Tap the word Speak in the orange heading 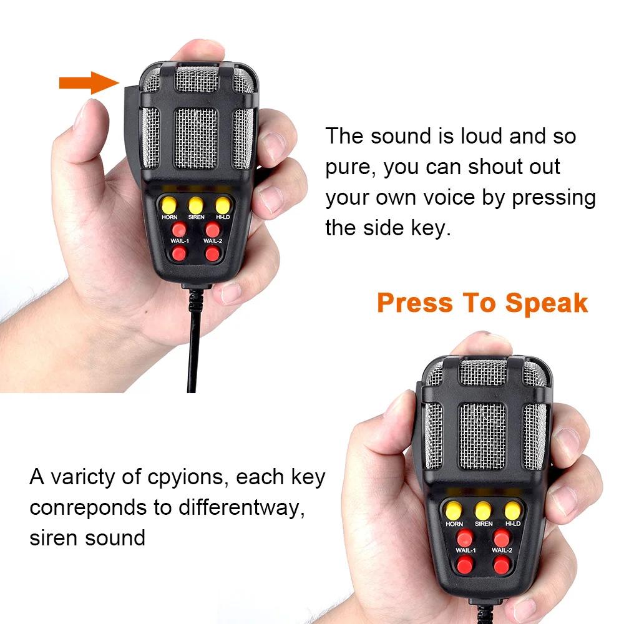(546, 303)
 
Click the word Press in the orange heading (414, 303)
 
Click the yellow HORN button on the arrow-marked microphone (168, 205)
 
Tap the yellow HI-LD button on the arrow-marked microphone (223, 204)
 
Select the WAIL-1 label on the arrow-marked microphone (180, 241)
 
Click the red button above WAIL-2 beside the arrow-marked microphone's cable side (213, 229)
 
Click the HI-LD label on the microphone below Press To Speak (512, 524)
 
